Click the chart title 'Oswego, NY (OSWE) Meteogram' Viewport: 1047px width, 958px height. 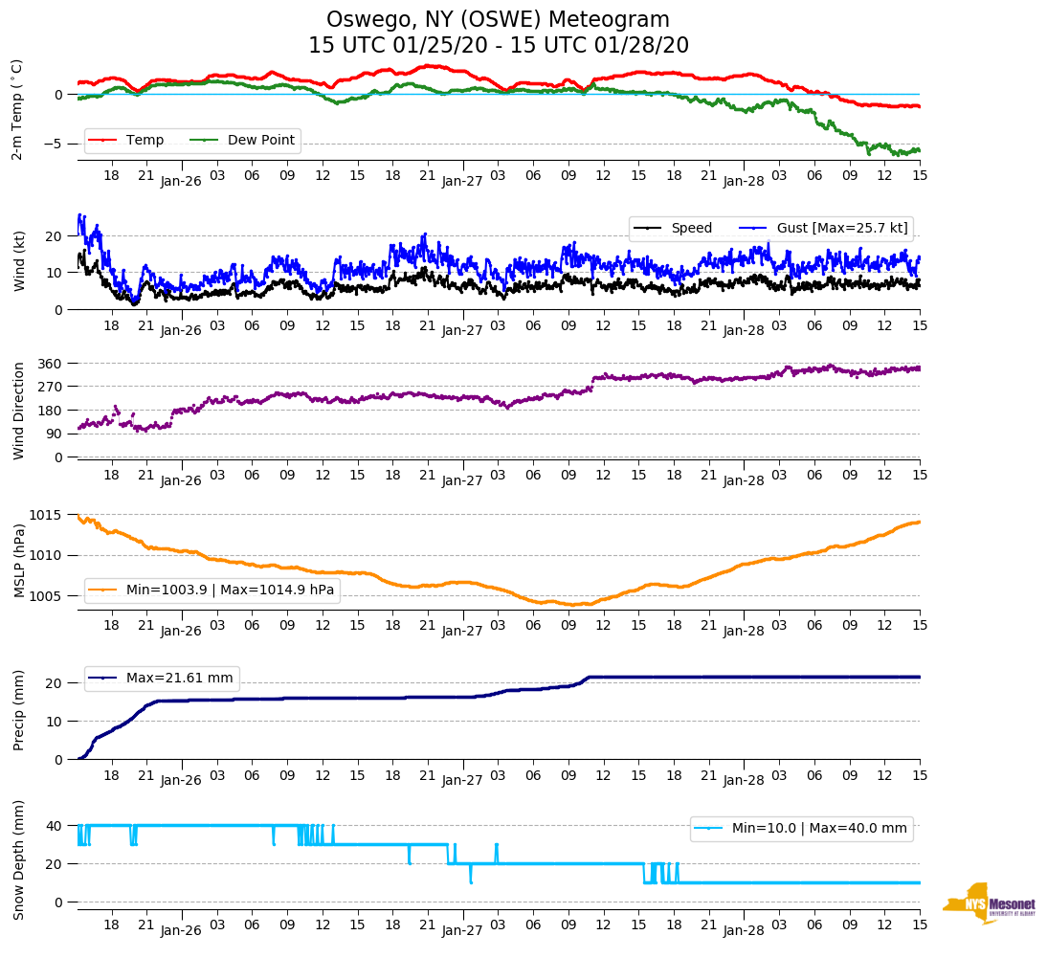(x=498, y=20)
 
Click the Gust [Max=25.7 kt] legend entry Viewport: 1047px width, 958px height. (x=836, y=228)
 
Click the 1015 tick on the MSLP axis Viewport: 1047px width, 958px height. (x=49, y=516)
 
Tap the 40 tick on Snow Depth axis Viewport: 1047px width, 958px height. (x=55, y=826)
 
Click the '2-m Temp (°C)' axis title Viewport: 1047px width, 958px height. (x=17, y=109)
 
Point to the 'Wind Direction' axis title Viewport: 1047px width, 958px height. (x=19, y=411)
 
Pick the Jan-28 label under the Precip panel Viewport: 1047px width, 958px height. (x=744, y=780)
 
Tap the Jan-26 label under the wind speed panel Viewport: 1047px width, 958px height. (x=181, y=330)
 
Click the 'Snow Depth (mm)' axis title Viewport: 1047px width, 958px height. (x=19, y=859)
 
